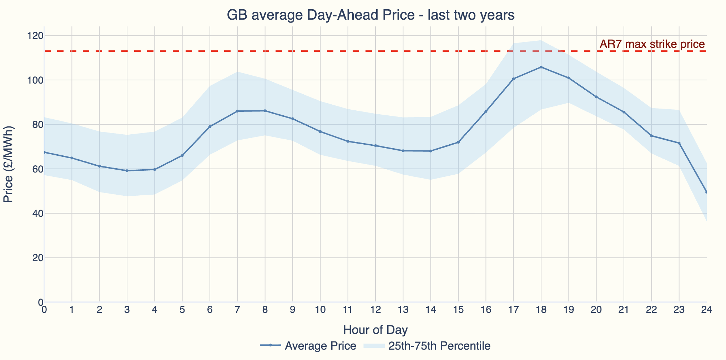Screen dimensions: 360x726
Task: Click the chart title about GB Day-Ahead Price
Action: click(x=370, y=15)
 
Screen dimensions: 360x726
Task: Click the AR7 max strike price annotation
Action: click(x=652, y=44)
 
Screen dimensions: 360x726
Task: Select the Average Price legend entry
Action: click(x=308, y=346)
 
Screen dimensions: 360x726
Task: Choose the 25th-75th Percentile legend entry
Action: click(x=427, y=346)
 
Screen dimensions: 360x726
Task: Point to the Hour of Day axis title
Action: click(x=375, y=330)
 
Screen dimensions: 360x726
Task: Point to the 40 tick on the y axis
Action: click(x=37, y=214)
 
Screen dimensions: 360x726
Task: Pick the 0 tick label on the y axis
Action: click(x=40, y=302)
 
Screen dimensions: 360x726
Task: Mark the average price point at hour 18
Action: click(x=541, y=67)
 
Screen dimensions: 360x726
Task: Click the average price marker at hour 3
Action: click(x=127, y=171)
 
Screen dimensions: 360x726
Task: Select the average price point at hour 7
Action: click(x=237, y=111)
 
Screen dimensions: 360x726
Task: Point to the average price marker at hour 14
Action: click(x=431, y=151)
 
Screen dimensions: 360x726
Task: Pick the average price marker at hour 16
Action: click(x=486, y=111)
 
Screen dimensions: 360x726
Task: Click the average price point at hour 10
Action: click(x=320, y=132)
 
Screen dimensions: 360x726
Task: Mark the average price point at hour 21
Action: click(x=624, y=112)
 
